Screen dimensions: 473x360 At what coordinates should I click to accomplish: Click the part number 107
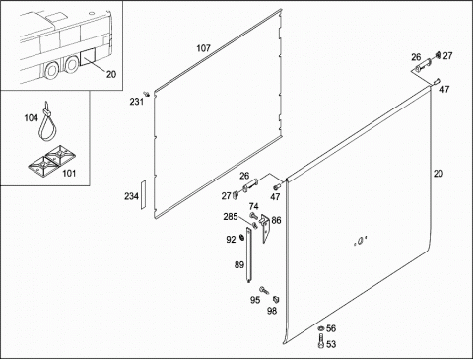click(203, 48)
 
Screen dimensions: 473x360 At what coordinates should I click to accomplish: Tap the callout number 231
click(136, 102)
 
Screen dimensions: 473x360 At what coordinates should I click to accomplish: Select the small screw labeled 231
click(147, 94)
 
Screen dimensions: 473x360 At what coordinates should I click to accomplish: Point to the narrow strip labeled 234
click(143, 194)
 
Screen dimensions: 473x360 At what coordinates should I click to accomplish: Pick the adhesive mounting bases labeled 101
click(51, 160)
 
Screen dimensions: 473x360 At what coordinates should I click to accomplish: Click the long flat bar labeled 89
click(249, 254)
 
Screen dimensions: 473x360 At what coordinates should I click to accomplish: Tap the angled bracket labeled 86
click(265, 228)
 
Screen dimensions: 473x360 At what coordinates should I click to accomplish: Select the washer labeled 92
click(242, 237)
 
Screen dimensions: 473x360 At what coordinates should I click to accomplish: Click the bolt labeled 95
click(264, 290)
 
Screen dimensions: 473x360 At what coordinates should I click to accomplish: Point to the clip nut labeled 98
click(276, 299)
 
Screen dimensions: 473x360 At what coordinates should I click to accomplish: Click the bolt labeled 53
click(321, 340)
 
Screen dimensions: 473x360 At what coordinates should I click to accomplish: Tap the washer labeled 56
click(320, 328)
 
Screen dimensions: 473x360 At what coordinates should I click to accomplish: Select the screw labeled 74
click(253, 216)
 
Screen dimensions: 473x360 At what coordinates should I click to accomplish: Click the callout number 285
click(231, 217)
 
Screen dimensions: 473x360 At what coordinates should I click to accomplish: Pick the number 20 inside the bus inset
click(111, 74)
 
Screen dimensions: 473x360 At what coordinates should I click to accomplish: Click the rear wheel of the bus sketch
click(72, 64)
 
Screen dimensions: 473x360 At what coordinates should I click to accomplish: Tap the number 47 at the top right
click(444, 89)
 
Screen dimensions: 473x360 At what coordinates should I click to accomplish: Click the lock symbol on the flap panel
click(360, 242)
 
